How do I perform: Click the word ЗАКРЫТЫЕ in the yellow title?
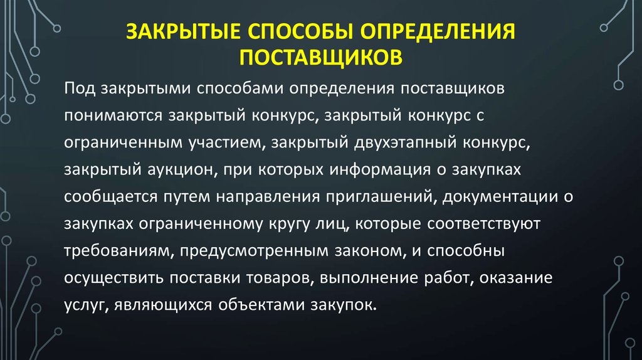(x=183, y=31)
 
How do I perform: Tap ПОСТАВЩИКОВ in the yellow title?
(x=321, y=58)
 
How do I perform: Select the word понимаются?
(x=113, y=116)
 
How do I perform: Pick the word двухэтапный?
(x=406, y=143)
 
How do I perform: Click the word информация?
(x=380, y=170)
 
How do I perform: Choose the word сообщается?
(x=110, y=197)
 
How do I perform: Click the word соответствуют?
(x=484, y=224)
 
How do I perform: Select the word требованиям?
(x=116, y=251)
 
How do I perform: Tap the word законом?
(x=370, y=251)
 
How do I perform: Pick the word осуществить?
(x=114, y=278)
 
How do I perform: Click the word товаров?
(x=280, y=278)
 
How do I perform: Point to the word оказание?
(x=516, y=278)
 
